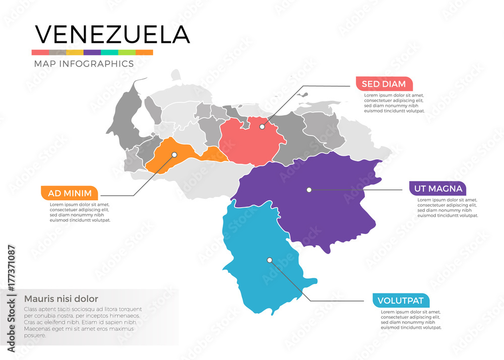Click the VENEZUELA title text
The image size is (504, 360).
(112, 34)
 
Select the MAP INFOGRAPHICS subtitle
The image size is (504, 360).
(84, 64)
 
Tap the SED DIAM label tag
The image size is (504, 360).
(384, 84)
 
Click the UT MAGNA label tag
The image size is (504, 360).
(437, 189)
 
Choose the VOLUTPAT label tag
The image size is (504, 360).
(401, 301)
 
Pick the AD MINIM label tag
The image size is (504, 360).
(70, 193)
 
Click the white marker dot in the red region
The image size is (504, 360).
(262, 127)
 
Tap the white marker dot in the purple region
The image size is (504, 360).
(309, 190)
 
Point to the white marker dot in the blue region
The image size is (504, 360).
(270, 260)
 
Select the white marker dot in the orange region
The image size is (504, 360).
(174, 155)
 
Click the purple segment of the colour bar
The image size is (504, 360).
(92, 52)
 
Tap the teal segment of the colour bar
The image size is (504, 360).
(109, 52)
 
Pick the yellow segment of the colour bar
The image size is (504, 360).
(75, 52)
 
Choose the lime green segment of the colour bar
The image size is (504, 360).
(127, 52)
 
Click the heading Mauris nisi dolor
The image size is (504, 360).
(61, 298)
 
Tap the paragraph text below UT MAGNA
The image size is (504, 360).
(448, 208)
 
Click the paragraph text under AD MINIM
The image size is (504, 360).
(80, 212)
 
